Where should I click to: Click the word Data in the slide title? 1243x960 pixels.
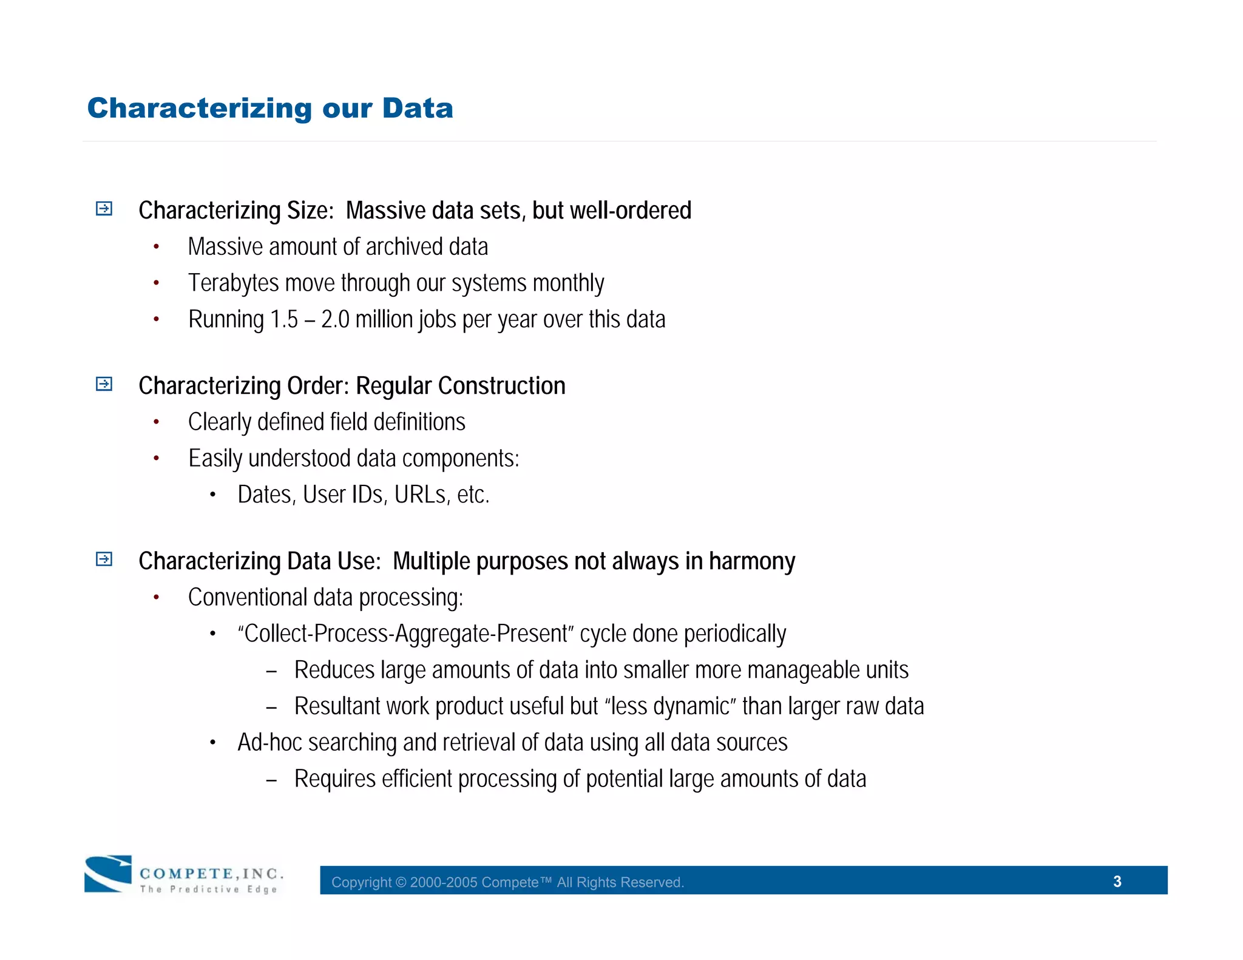click(x=418, y=109)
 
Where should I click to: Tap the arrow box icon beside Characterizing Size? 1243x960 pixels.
click(x=104, y=209)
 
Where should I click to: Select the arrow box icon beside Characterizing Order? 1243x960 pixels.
click(x=104, y=384)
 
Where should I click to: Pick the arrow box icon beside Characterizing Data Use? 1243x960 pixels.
click(x=104, y=559)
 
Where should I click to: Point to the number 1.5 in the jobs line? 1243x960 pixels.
click(x=284, y=320)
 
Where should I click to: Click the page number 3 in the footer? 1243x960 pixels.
click(x=1117, y=881)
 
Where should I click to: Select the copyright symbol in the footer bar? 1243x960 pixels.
click(x=401, y=882)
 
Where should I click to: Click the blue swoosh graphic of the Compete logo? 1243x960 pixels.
click(x=108, y=874)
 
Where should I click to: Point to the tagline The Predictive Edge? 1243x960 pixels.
click(x=208, y=890)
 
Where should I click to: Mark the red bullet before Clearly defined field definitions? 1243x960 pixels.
click(x=156, y=422)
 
